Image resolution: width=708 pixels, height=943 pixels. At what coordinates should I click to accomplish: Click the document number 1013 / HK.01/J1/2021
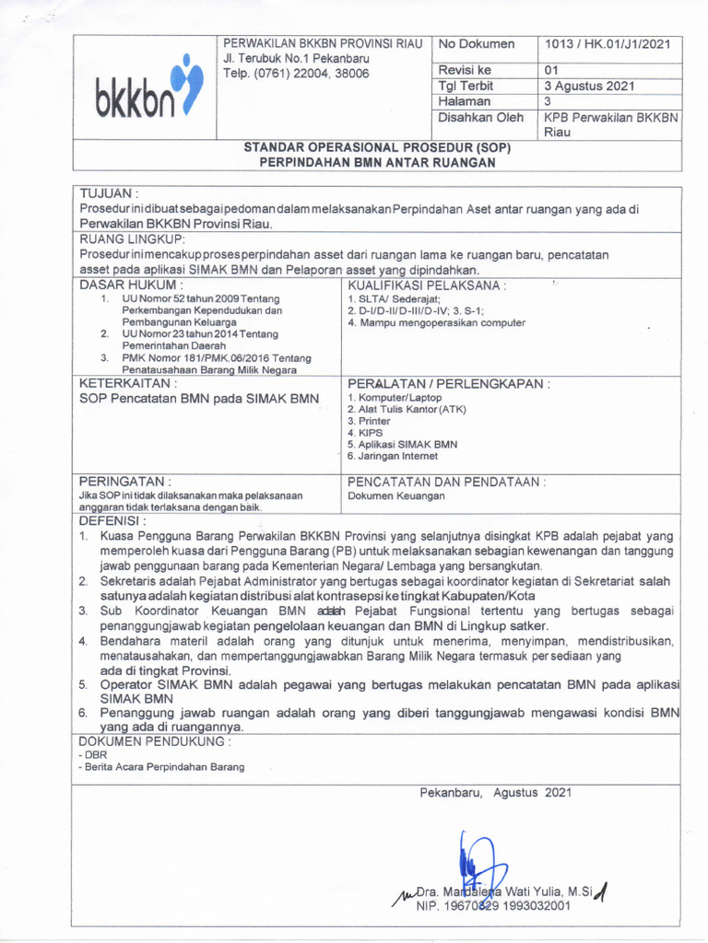pos(608,44)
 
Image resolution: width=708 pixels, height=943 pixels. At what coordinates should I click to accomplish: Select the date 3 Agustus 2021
pos(589,86)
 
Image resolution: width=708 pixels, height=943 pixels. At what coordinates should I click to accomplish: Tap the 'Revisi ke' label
pos(466,70)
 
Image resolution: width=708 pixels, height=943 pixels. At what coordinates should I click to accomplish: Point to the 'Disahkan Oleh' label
pos(480,117)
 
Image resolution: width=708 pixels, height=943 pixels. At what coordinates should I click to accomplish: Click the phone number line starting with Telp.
pos(296,73)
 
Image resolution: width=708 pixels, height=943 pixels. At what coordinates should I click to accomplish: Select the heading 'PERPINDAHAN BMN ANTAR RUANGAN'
pos(376,162)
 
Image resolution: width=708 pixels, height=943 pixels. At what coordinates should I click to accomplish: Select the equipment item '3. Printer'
pos(369,421)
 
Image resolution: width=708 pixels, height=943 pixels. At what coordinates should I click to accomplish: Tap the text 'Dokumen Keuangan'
pos(395,495)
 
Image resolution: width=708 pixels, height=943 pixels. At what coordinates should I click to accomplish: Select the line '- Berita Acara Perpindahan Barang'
pos(162,767)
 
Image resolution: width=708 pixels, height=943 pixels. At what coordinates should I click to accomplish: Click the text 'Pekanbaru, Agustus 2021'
pos(496,792)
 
